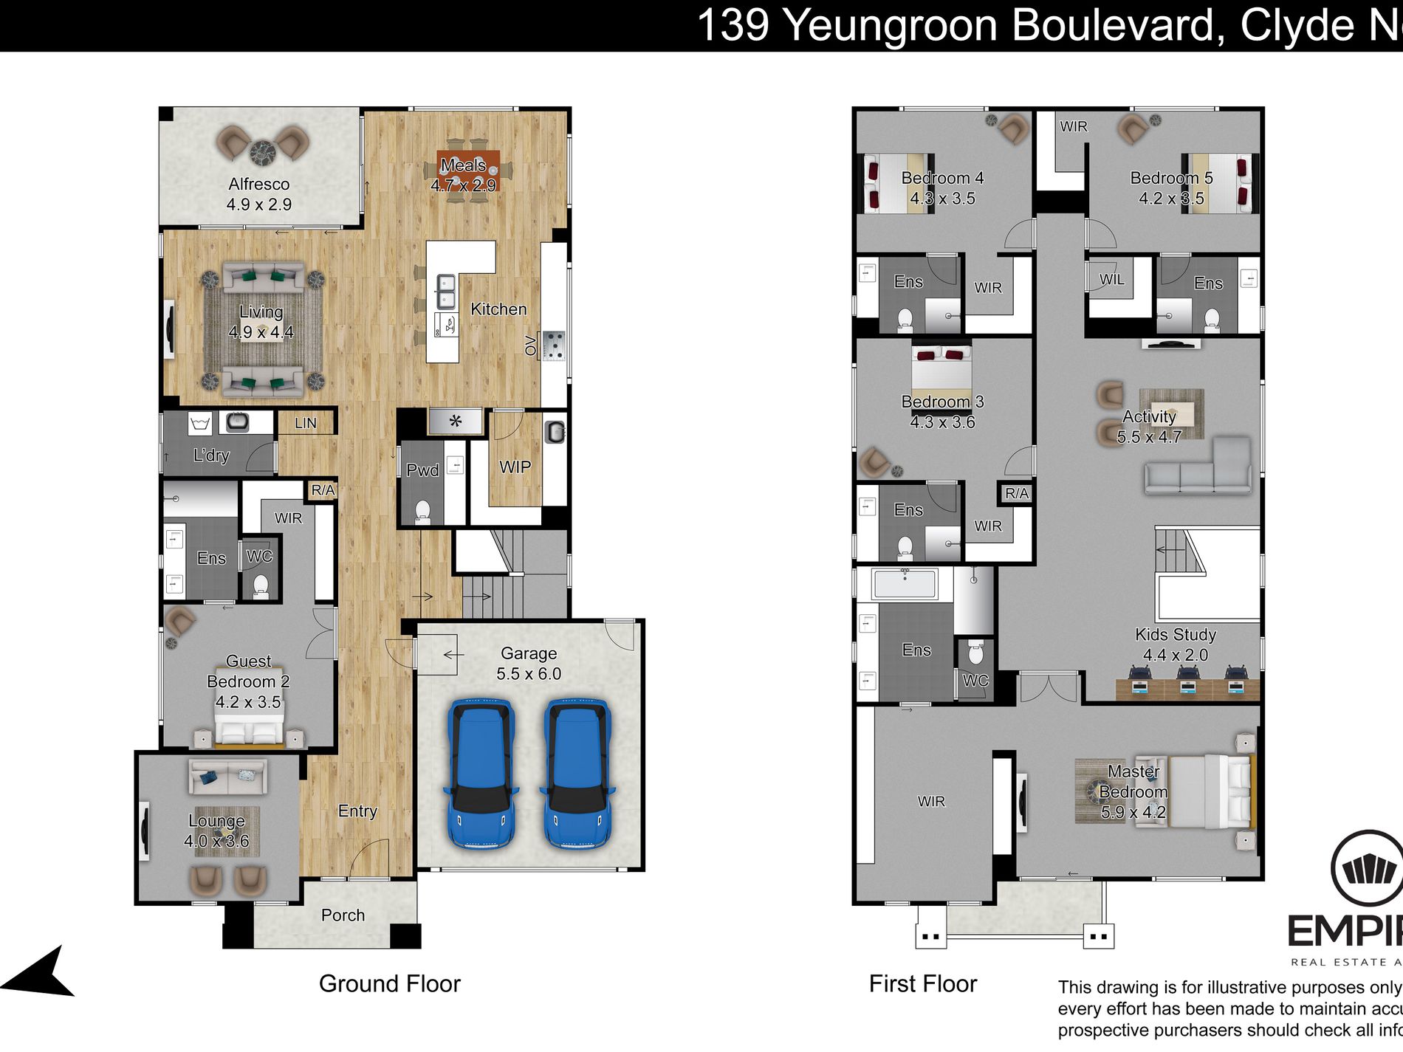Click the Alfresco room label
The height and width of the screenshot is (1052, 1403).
258,184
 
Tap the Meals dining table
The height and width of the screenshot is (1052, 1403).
468,171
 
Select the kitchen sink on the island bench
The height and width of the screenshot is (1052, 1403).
445,291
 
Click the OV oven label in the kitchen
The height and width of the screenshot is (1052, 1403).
530,345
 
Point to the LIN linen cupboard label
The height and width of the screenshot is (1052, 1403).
305,423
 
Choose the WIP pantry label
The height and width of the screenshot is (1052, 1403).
515,467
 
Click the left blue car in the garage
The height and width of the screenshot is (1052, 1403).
481,773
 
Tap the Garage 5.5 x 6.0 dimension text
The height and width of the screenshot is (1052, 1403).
529,673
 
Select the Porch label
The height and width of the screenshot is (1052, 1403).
343,915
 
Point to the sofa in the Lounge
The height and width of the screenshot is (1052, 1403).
227,777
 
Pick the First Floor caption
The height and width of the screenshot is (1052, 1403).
922,983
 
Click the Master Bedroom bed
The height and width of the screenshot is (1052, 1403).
1211,791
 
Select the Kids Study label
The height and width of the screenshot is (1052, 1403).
1175,634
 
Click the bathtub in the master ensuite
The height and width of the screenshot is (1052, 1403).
905,583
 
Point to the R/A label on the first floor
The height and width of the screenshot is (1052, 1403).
1016,493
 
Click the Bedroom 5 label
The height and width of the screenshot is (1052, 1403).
1171,178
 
